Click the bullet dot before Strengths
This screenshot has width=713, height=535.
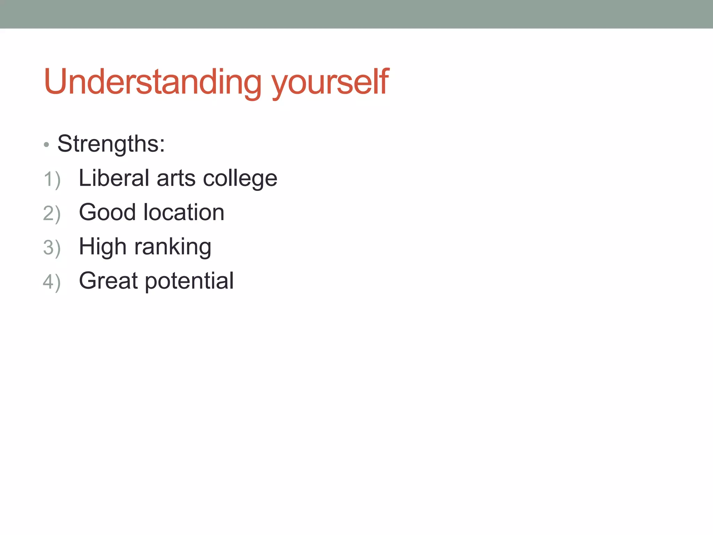(x=47, y=145)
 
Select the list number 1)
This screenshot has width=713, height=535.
(x=52, y=180)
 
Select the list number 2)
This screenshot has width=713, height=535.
(x=52, y=214)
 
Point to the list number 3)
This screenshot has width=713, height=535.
(x=52, y=248)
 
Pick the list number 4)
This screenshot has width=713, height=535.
(x=52, y=282)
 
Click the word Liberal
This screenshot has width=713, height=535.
(x=114, y=178)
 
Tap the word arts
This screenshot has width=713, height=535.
(x=176, y=179)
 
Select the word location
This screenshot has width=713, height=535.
(x=184, y=212)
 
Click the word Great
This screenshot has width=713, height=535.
(x=108, y=281)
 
